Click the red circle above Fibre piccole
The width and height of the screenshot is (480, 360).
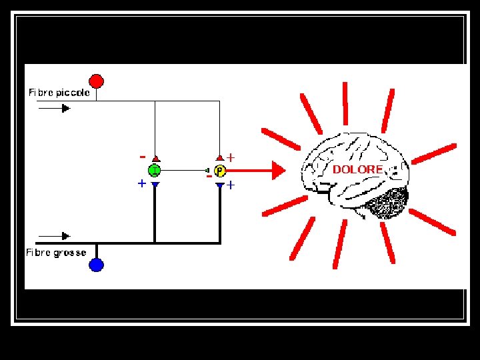click(x=97, y=81)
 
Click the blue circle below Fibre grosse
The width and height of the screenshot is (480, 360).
click(x=97, y=265)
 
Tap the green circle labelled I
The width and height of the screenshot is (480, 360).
click(x=154, y=171)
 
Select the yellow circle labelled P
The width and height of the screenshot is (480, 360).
click(x=220, y=171)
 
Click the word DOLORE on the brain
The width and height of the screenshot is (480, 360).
click(x=358, y=170)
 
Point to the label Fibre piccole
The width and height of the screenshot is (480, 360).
click(x=59, y=93)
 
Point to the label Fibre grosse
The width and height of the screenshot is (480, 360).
click(x=56, y=253)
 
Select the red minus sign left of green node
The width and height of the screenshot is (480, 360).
click(x=142, y=157)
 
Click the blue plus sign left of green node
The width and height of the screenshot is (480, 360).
click(x=141, y=183)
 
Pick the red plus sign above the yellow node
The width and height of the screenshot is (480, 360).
click(x=231, y=158)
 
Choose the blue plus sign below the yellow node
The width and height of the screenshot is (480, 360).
click(x=231, y=185)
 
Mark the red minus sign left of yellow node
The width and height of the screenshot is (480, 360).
click(x=209, y=177)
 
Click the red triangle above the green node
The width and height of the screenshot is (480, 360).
click(x=155, y=159)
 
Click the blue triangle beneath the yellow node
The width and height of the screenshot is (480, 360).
click(x=220, y=185)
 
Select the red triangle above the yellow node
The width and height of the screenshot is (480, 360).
click(x=220, y=159)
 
